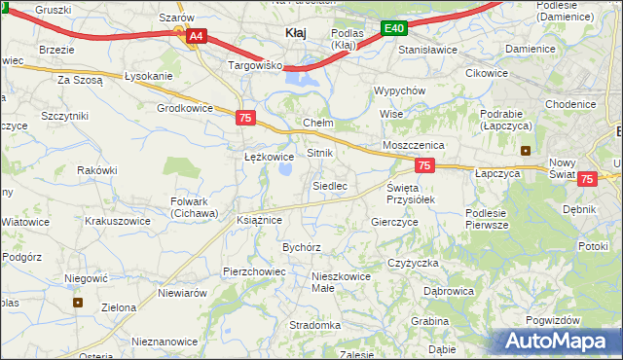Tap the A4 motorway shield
point(196,36)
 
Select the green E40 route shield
point(393,29)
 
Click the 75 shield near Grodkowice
point(246,117)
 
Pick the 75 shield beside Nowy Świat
point(587,179)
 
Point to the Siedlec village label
point(329,185)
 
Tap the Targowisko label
point(254,65)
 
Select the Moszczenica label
point(414,144)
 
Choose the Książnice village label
point(259,220)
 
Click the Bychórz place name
point(302,247)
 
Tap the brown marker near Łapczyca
point(527,151)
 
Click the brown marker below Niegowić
point(78,302)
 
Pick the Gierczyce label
point(394,222)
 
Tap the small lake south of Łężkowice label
point(287,171)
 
